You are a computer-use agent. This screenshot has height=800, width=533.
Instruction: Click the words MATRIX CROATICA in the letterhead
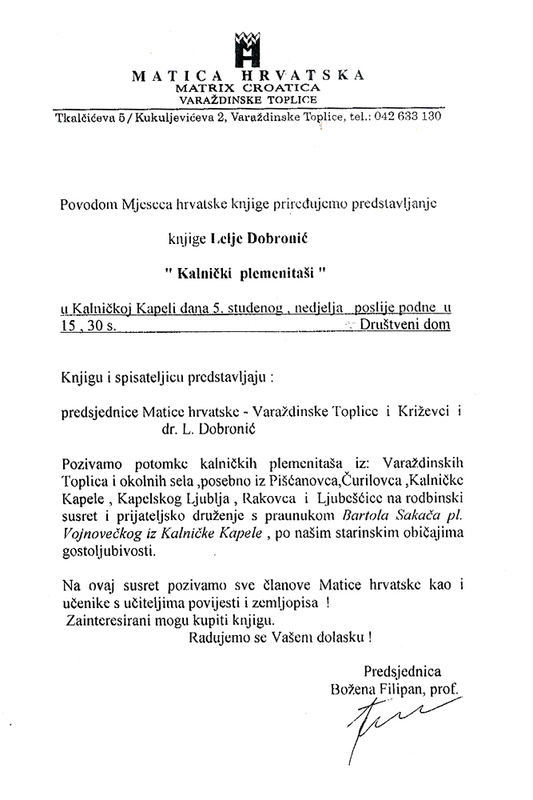tap(249, 86)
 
